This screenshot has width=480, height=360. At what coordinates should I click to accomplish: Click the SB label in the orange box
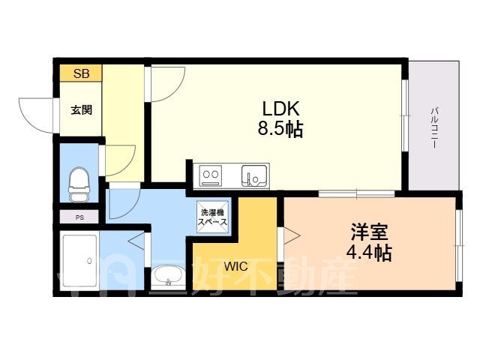pyautogui.click(x=82, y=73)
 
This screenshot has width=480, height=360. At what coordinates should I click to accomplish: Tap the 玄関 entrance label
pyautogui.click(x=82, y=109)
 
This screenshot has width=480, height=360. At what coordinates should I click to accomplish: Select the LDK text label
pyautogui.click(x=280, y=109)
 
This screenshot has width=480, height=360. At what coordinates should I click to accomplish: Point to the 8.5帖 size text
pyautogui.click(x=280, y=129)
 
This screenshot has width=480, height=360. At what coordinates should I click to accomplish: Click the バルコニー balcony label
pyautogui.click(x=434, y=128)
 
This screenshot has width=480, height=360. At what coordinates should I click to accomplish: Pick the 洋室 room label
pyautogui.click(x=369, y=233)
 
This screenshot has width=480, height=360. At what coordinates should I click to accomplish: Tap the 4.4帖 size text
pyautogui.click(x=369, y=253)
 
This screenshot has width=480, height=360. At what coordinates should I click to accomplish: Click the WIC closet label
pyautogui.click(x=235, y=266)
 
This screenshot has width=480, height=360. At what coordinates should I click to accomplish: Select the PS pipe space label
pyautogui.click(x=79, y=217)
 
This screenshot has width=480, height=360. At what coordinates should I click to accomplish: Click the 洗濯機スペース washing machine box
pyautogui.click(x=213, y=217)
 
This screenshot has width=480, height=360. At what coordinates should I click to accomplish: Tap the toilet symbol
pyautogui.click(x=79, y=184)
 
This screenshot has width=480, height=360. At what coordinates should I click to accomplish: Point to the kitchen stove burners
pyautogui.click(x=211, y=175)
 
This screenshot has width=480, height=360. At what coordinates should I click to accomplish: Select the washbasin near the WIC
pyautogui.click(x=168, y=277)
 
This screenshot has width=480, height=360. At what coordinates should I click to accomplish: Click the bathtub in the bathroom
pyautogui.click(x=81, y=262)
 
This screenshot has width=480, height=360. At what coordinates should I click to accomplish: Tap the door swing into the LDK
pyautogui.click(x=178, y=90)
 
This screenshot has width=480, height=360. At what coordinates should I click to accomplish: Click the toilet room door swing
pyautogui.click(x=128, y=166)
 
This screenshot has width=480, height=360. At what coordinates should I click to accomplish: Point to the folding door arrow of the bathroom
pyautogui.click(x=136, y=241)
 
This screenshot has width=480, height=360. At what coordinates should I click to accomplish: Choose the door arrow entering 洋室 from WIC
pyautogui.click(x=292, y=235)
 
